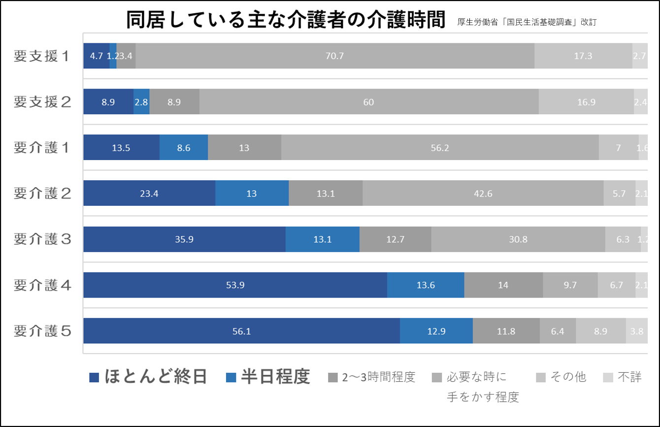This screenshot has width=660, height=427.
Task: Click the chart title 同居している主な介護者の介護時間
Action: click(286, 21)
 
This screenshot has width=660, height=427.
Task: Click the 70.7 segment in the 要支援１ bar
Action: click(334, 56)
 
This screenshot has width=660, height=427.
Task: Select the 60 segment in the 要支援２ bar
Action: click(369, 102)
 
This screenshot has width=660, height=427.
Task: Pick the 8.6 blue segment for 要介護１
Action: click(183, 148)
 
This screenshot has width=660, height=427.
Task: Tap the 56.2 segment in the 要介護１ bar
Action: click(440, 148)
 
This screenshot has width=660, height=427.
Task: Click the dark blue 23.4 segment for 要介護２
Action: click(149, 194)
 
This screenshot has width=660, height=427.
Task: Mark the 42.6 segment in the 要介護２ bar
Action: click(483, 194)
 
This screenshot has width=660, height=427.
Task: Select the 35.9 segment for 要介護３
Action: click(184, 239)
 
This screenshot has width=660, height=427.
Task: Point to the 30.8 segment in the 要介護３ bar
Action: click(518, 239)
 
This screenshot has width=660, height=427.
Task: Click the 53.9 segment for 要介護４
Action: click(235, 285)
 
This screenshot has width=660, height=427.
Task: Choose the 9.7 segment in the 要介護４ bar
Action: click(570, 285)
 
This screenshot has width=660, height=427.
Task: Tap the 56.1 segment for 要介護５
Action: click(241, 331)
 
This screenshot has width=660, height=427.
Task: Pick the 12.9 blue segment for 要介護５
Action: click(436, 331)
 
